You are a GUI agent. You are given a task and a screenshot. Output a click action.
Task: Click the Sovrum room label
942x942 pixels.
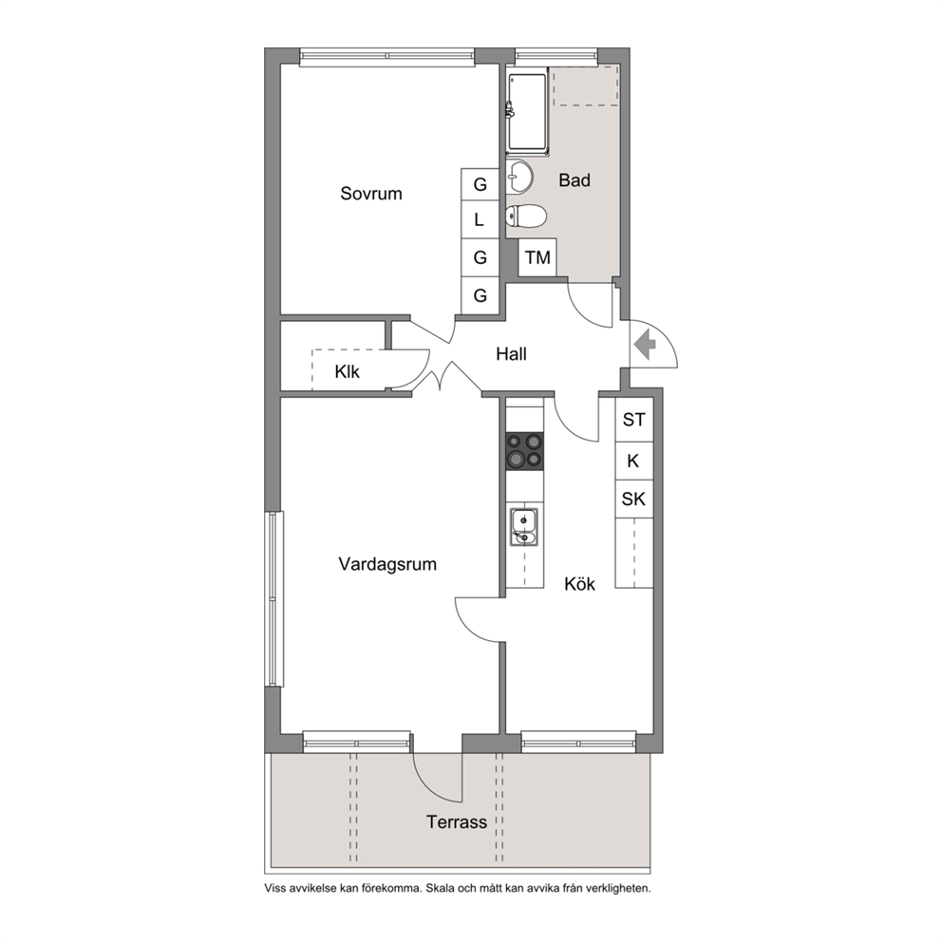pos(370,194)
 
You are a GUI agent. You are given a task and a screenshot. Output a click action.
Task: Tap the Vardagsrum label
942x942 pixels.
pos(387,564)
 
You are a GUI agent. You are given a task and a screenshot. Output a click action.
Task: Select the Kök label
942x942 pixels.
pos(579,583)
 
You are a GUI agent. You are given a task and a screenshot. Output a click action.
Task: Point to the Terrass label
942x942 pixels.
pos(457,821)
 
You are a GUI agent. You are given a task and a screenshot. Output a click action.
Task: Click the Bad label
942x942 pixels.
pos(575,179)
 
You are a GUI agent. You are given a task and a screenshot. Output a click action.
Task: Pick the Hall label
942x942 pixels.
pos(511,354)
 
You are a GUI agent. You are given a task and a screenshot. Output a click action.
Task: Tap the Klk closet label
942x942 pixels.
pos(348,371)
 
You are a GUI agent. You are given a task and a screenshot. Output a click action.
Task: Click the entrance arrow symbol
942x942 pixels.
pos(645,345)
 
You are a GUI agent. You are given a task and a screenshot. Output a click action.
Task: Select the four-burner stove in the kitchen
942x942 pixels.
pos(524,451)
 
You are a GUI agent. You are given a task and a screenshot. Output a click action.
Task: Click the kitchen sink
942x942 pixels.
pos(524,527)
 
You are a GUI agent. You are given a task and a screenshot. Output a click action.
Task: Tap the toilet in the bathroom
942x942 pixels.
pos(526,216)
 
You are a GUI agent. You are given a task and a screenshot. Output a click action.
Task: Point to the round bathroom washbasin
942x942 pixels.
pos(519,178)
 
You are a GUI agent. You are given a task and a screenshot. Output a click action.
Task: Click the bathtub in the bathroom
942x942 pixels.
pos(528,113)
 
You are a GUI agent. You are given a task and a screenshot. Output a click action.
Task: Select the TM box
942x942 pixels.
pos(537,257)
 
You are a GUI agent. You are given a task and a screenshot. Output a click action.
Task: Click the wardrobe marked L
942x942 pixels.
pos(480,220)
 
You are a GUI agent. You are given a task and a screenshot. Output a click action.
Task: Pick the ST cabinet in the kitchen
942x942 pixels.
pos(633,420)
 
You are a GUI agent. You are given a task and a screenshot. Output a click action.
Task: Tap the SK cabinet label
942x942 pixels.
pos(633,499)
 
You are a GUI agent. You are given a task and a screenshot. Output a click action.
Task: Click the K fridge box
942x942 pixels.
pos(633,462)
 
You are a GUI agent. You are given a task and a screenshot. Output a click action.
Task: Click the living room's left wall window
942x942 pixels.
pos(275,598)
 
